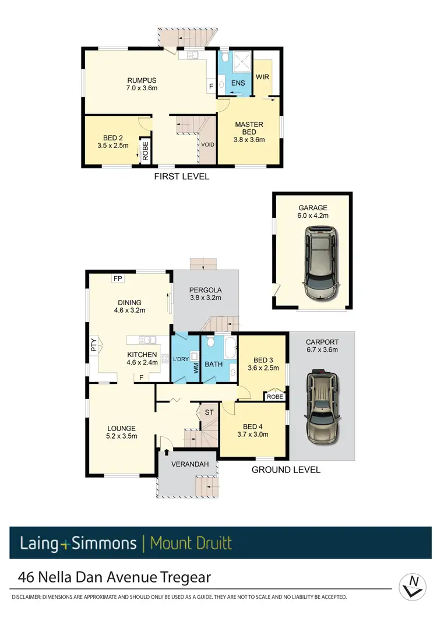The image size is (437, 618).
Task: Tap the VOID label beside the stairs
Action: (x=207, y=144)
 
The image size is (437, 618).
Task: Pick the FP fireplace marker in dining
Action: (x=118, y=278)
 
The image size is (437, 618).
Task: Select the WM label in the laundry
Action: (x=196, y=368)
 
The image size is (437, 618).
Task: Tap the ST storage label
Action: (x=209, y=412)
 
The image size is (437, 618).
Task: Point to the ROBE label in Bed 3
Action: (x=274, y=396)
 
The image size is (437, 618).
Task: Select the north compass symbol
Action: (x=414, y=584)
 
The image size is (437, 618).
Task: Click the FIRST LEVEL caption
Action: (x=181, y=176)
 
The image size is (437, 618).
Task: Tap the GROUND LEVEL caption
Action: (x=286, y=469)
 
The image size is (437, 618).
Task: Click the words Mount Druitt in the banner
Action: (x=191, y=543)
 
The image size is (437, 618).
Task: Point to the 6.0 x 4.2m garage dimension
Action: (x=313, y=216)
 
